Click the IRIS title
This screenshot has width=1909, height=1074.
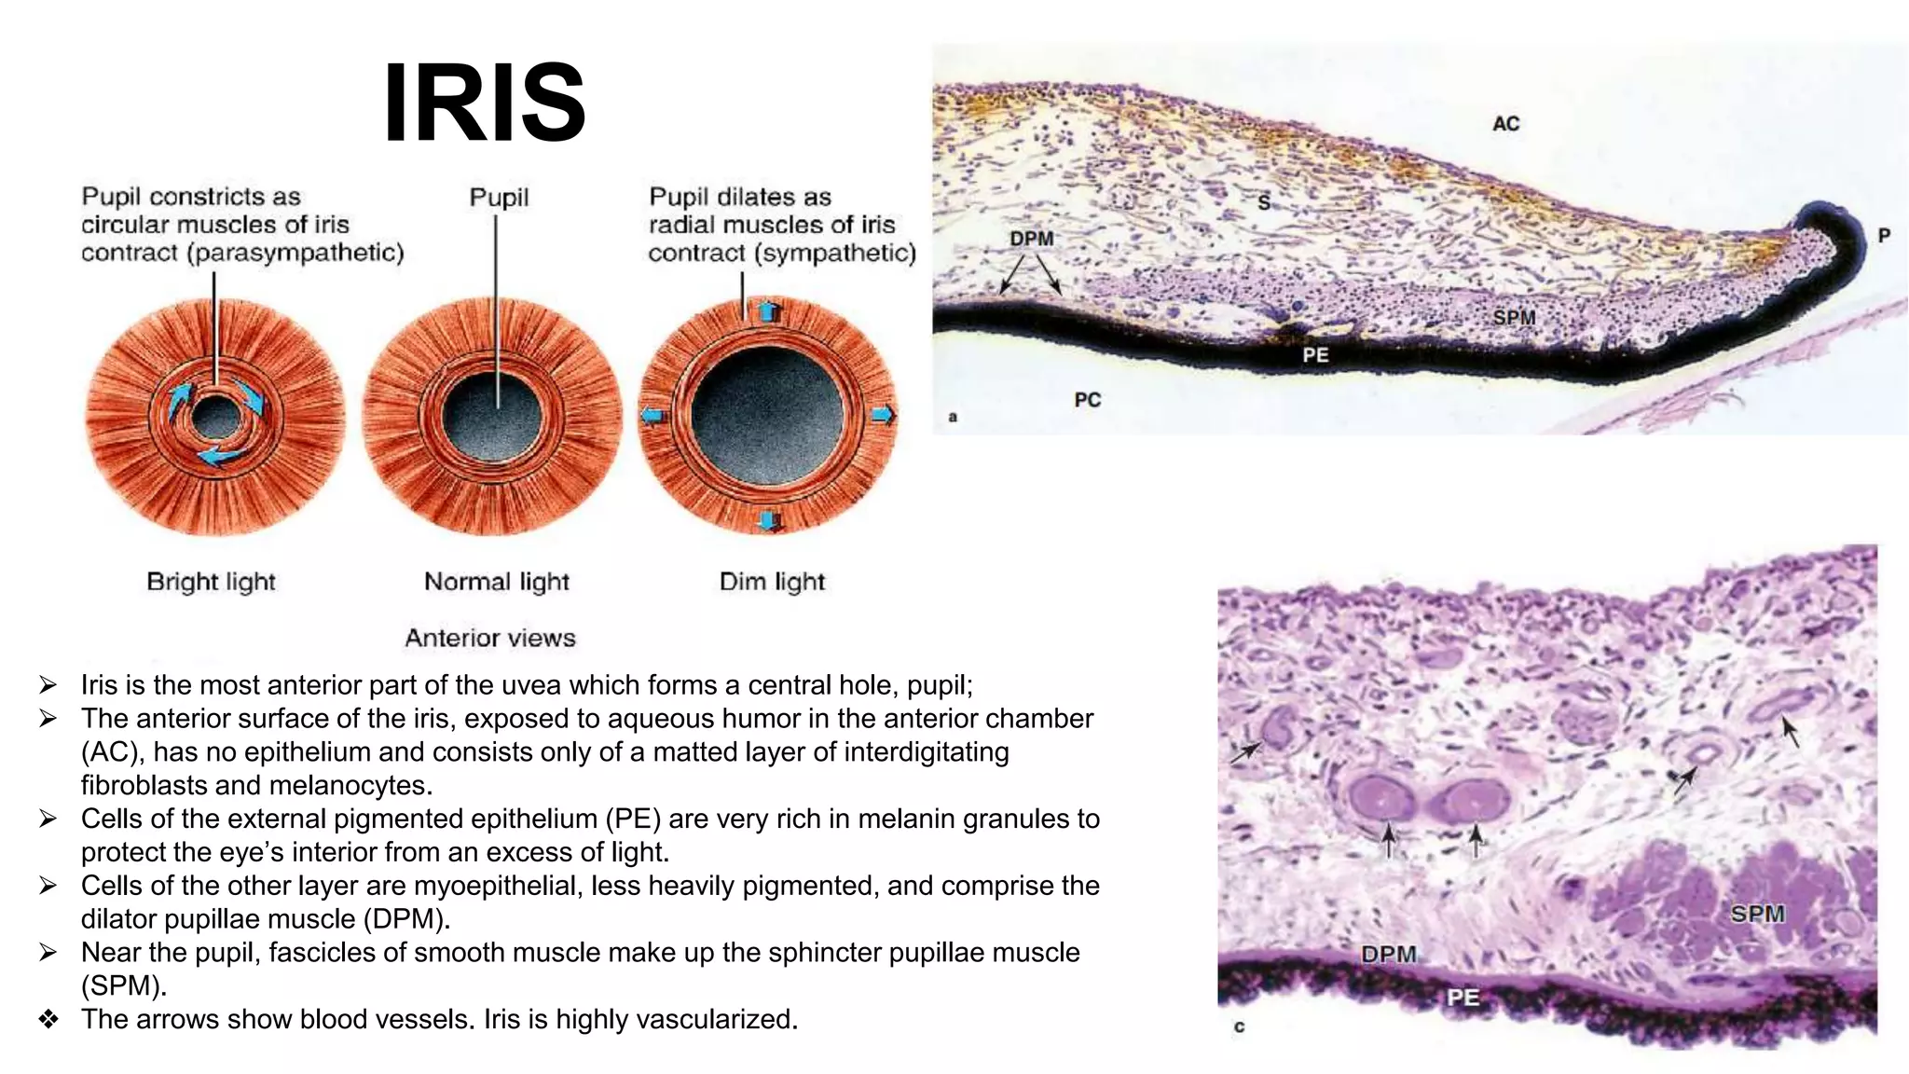tap(485, 103)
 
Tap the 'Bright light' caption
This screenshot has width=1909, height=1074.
tap(211, 582)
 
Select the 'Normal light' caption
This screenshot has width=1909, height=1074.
tap(496, 582)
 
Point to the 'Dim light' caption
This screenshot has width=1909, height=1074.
tap(772, 582)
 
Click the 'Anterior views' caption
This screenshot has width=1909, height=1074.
tap(490, 638)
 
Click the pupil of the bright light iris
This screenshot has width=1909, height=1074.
tap(216, 418)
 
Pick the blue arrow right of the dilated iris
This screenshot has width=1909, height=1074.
tap(883, 415)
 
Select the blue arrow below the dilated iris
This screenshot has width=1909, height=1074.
tap(767, 519)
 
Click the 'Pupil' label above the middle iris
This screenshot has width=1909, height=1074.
tap(499, 198)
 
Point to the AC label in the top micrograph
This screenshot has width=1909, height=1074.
tap(1505, 123)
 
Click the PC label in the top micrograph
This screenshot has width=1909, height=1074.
tap(1087, 400)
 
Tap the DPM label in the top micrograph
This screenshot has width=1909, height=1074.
tap(1031, 239)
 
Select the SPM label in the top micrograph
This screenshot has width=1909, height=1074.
tap(1514, 318)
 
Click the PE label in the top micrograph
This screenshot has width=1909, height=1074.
tap(1315, 355)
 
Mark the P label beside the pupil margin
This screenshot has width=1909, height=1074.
tap(1884, 236)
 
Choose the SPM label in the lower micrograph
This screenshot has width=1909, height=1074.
tap(1757, 914)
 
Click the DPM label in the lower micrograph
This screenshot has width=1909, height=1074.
tap(1388, 954)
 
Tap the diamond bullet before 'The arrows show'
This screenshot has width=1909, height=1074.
tap(48, 1019)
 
